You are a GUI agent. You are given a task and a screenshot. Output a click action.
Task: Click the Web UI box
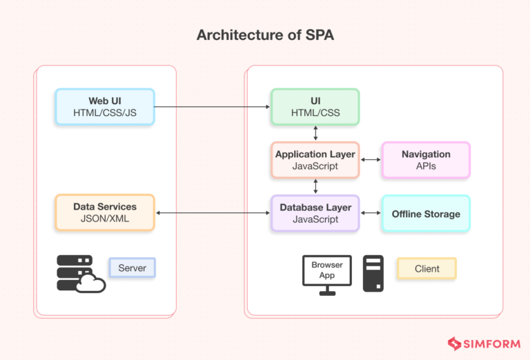pos(105,107)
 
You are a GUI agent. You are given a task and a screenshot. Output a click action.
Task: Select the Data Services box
pos(105,212)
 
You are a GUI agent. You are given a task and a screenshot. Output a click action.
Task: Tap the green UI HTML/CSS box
pos(315,107)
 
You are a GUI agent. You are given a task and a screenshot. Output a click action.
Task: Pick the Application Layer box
pos(315,160)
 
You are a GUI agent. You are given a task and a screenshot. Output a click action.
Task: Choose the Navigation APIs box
pos(426,160)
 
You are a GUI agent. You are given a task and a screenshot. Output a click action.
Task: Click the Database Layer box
pos(315,212)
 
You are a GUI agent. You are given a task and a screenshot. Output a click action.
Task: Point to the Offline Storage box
pos(426,214)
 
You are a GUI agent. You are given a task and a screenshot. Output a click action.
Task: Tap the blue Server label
pos(132,268)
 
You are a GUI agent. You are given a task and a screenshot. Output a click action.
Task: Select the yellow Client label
pos(426,268)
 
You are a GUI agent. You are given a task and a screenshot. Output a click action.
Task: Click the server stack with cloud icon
pos(79,273)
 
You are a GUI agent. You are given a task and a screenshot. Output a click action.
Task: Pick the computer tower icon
pos(373,273)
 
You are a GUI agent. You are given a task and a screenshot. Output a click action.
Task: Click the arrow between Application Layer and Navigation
pos(371,160)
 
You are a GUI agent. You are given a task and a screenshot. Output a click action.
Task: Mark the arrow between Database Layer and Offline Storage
pos(371,213)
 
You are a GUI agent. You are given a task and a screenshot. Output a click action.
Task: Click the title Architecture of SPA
pos(265,35)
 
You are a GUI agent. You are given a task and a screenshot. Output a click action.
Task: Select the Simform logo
pos(482,343)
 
